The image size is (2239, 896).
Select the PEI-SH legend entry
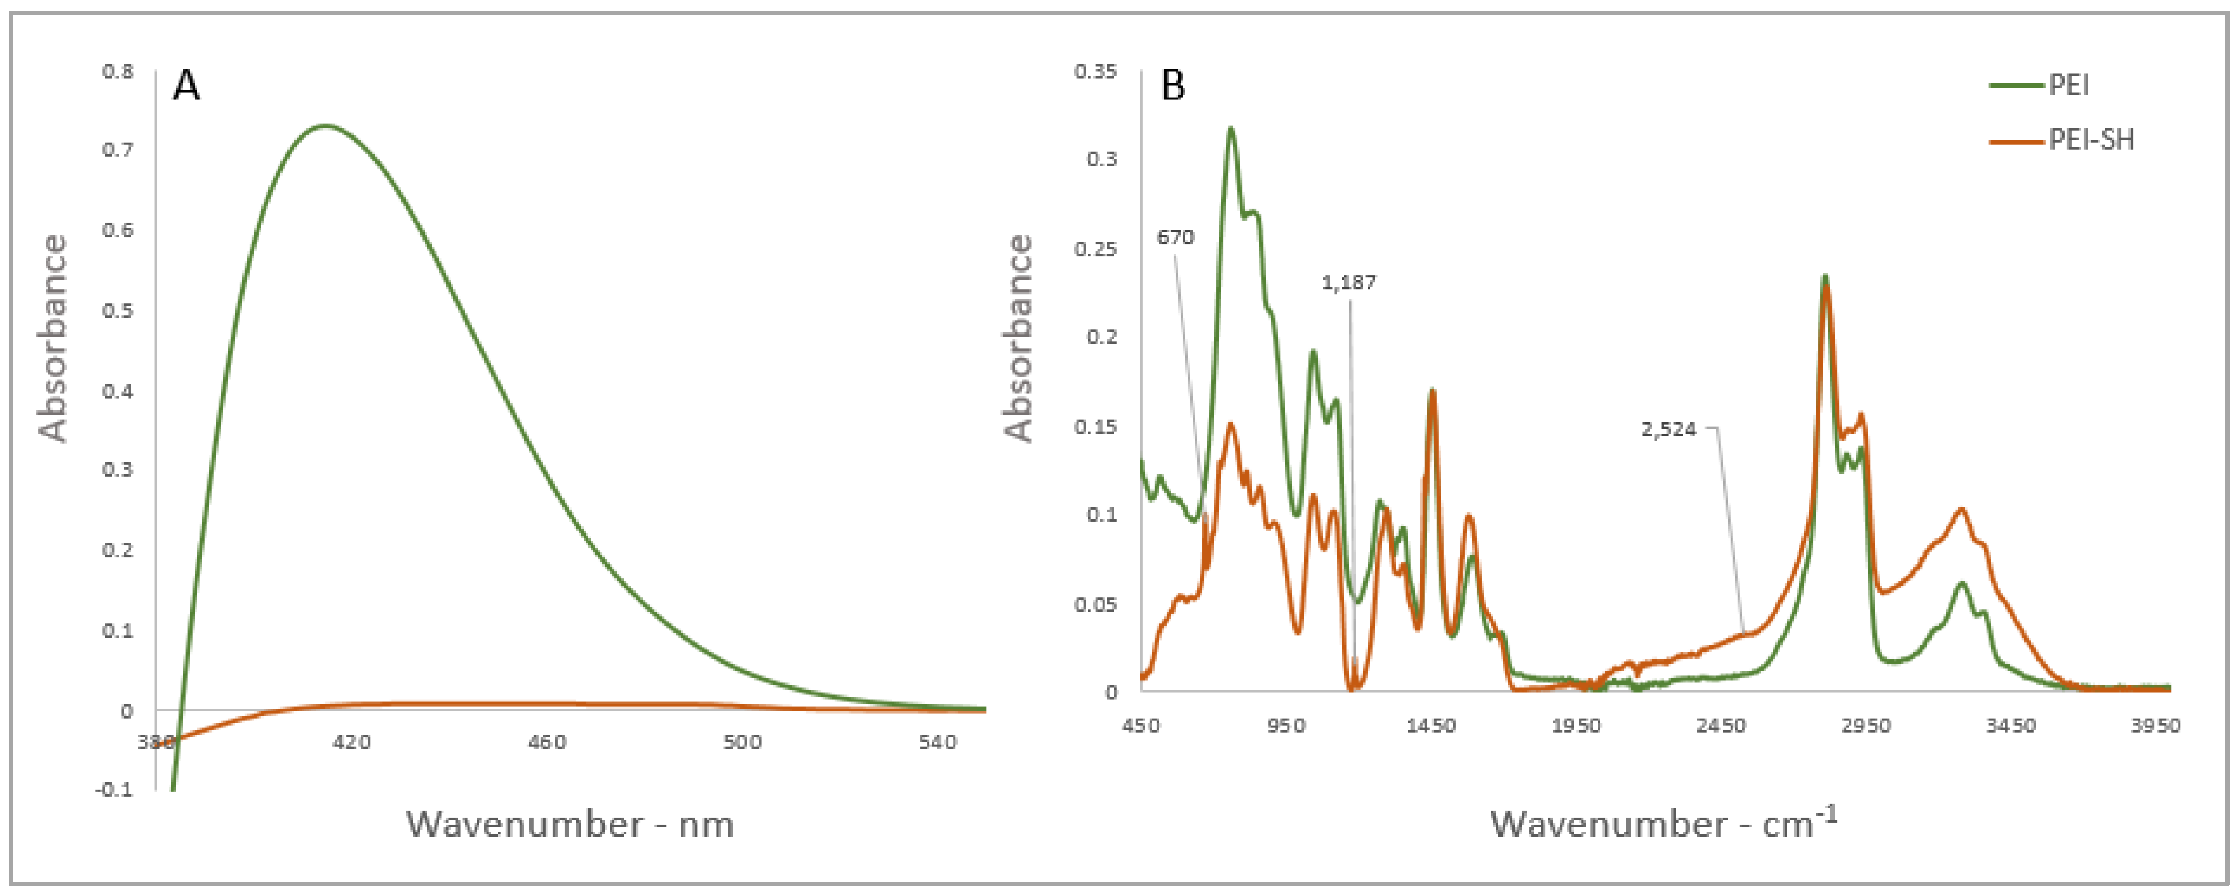(x=2091, y=140)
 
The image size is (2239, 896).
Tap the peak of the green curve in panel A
(x=326, y=125)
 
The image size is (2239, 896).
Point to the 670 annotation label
(x=1175, y=237)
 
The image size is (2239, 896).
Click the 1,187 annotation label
(x=1348, y=283)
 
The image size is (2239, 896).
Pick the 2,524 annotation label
(x=1669, y=429)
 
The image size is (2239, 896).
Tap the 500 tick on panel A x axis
(x=741, y=742)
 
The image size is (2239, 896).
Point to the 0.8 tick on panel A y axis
(x=118, y=71)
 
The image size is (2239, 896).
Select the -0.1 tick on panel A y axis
(x=115, y=789)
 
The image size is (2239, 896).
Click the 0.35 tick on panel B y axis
(x=1095, y=71)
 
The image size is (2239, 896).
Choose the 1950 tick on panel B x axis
(x=1576, y=726)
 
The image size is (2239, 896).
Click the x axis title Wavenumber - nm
(x=570, y=824)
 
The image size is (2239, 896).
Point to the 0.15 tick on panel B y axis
(x=1095, y=426)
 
